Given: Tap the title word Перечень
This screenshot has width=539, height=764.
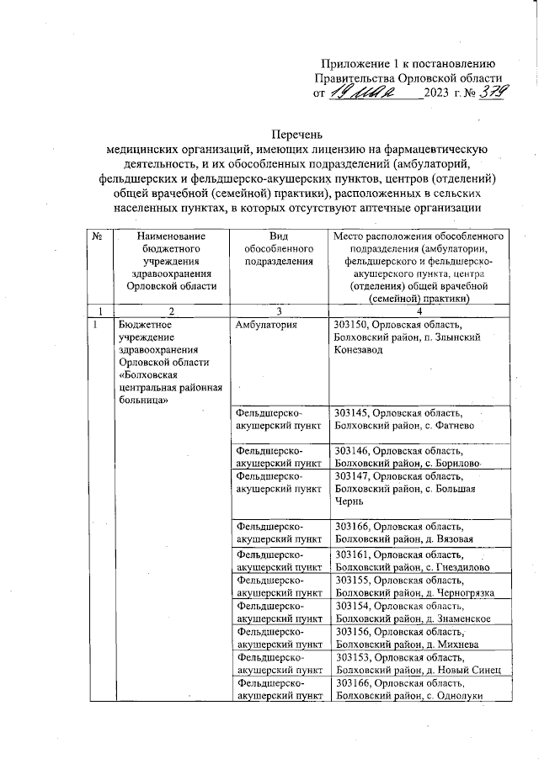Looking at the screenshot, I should point(299,133).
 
